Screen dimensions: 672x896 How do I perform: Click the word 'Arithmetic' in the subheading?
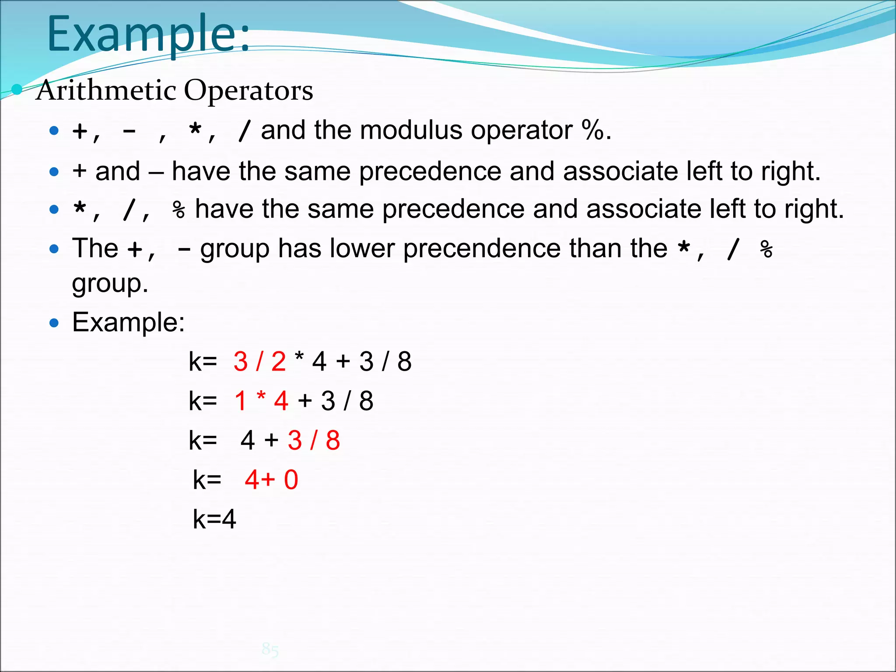coord(106,91)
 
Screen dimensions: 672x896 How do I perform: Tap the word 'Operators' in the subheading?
coord(248,91)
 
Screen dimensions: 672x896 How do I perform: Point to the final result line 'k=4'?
coord(214,519)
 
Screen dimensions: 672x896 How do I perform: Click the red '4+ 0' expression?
coord(271,480)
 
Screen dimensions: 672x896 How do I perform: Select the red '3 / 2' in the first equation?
coord(259,362)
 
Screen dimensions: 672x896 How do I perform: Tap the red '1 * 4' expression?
coord(261,401)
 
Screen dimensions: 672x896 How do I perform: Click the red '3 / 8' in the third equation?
coord(314,441)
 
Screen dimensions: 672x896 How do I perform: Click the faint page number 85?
coord(270,649)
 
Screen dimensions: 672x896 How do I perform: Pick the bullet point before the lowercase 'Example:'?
coord(54,323)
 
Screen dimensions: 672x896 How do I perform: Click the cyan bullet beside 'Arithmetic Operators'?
coord(17,90)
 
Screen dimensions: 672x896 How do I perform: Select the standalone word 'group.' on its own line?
coord(110,283)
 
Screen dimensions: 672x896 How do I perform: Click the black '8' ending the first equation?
coord(404,362)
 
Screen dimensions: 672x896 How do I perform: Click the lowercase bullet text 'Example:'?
coord(128,322)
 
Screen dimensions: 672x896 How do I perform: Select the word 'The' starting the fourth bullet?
coord(95,248)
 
